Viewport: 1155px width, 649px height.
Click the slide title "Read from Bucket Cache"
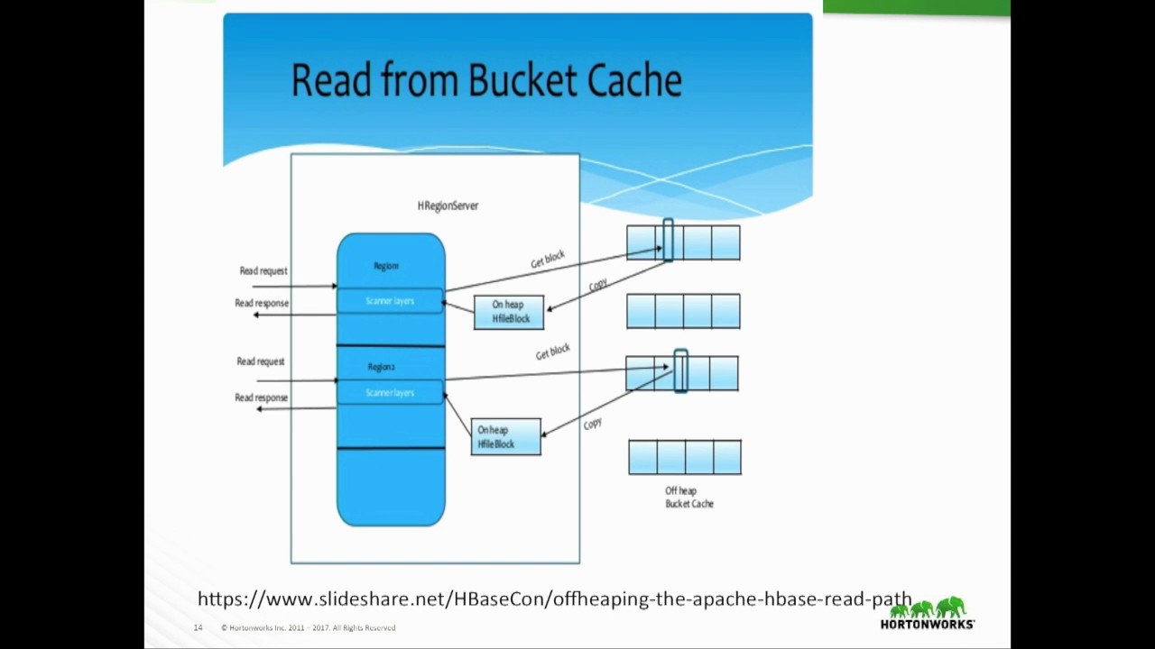486,81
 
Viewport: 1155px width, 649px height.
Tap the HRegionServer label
448,206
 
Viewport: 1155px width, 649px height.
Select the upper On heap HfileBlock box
509,312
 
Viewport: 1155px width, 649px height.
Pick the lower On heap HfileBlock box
506,437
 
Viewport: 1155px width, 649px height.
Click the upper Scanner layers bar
390,301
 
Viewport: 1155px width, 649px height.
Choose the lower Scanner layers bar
390,393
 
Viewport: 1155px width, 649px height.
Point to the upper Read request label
263,270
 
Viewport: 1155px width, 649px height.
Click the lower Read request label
261,361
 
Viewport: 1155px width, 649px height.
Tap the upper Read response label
262,303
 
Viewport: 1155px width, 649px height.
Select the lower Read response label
262,398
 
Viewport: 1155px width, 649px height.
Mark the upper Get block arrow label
548,259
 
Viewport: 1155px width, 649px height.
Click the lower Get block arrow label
553,352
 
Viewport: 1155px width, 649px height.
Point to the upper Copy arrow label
598,285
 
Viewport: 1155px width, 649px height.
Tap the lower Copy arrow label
593,424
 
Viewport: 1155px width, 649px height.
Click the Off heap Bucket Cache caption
688,498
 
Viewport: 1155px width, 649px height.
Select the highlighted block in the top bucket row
668,241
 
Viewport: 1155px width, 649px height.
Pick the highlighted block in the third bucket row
680,371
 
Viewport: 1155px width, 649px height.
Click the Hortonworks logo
928,613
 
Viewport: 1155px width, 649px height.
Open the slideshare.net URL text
554,599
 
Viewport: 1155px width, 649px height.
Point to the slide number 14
198,627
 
